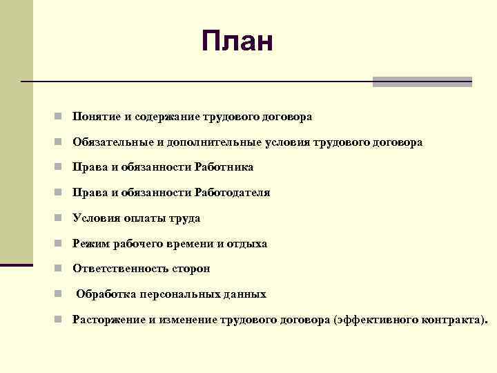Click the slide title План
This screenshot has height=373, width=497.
(x=238, y=41)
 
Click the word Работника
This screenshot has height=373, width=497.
(x=224, y=167)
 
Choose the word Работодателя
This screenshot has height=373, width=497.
(x=233, y=193)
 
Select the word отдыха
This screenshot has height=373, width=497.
(x=248, y=244)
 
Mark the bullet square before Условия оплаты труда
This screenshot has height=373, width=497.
(x=61, y=218)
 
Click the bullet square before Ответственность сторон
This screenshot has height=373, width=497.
(x=61, y=269)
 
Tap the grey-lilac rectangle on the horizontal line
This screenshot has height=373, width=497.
(x=422, y=82)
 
